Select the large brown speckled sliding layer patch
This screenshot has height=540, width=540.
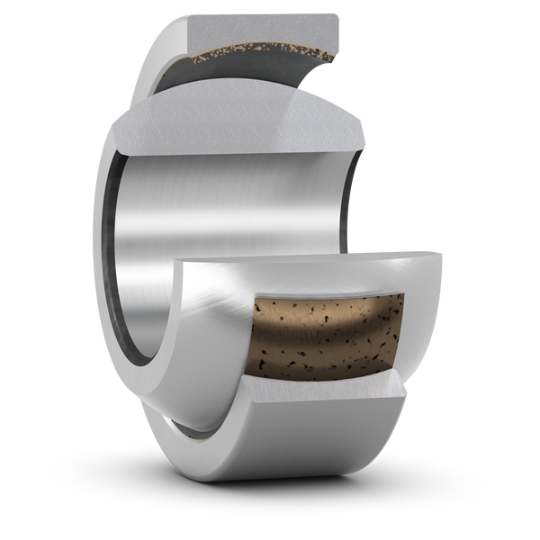coord(324,333)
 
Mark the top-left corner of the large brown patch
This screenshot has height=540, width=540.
coord(256,300)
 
